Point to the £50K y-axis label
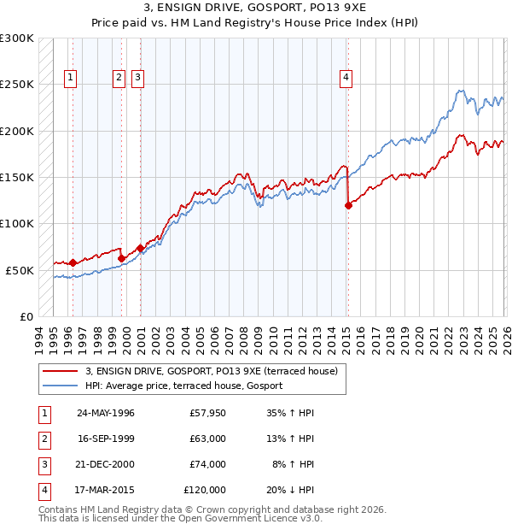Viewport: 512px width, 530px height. click(20, 270)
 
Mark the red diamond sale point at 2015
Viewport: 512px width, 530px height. click(348, 205)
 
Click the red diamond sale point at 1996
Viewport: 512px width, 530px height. click(73, 262)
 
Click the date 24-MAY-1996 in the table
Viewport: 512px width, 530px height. click(106, 413)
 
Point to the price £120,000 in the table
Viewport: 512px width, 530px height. click(204, 490)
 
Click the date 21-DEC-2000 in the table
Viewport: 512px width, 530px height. click(106, 464)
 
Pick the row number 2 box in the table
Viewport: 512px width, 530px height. click(44, 439)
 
